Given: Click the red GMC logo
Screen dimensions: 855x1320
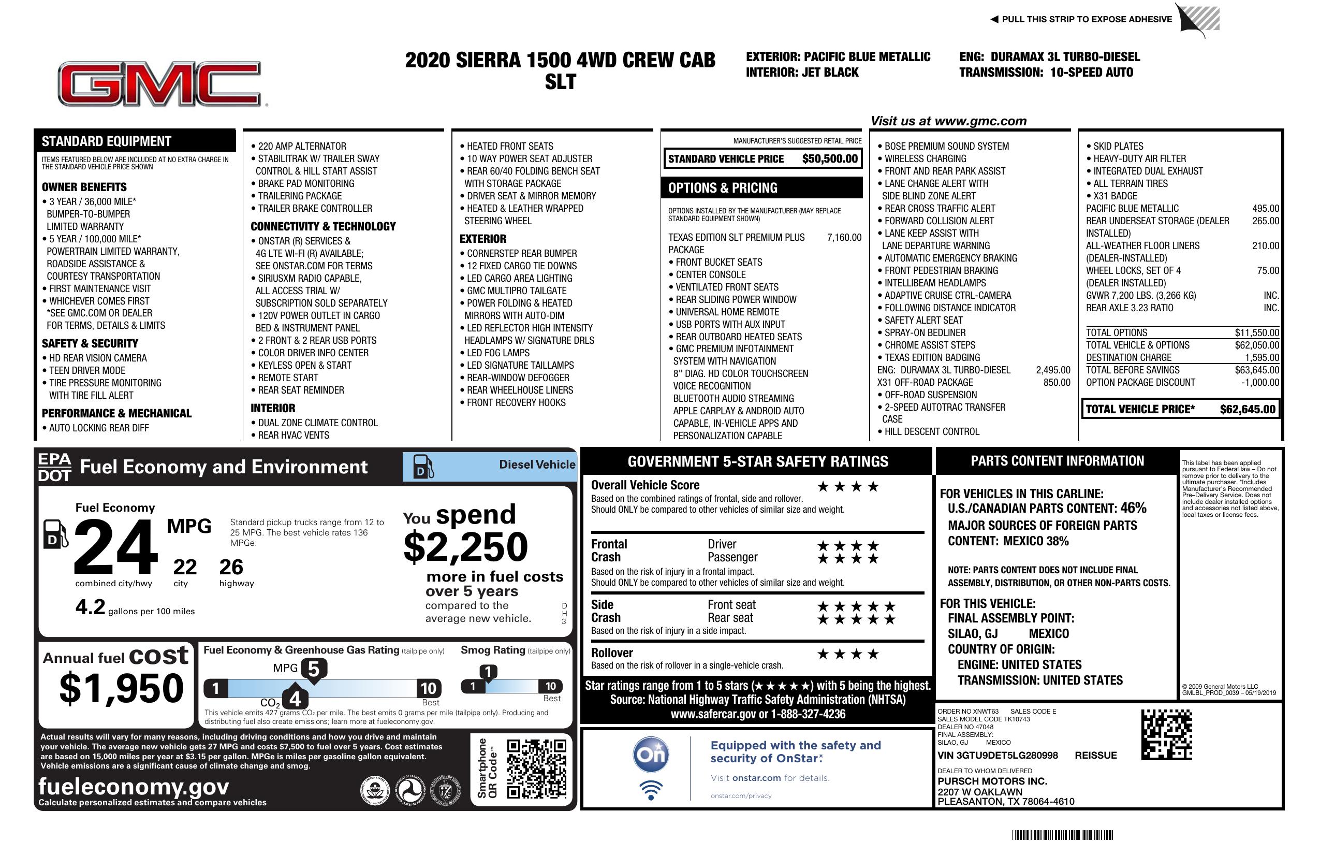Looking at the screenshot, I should [x=159, y=84].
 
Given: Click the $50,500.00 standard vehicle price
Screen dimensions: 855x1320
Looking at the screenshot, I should [x=830, y=159].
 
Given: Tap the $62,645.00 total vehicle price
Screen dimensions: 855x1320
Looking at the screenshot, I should [x=1248, y=410].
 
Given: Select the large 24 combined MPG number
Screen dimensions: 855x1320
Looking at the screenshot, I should [x=116, y=546].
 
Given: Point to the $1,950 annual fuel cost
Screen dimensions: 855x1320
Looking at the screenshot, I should [x=122, y=688].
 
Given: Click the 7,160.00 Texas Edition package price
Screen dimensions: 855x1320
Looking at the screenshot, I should [x=844, y=238].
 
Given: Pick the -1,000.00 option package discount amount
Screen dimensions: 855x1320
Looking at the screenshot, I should [x=1260, y=382].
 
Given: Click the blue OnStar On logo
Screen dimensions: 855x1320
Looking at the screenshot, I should [x=651, y=754].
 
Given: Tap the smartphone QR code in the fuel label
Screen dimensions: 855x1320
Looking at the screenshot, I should [x=536, y=768].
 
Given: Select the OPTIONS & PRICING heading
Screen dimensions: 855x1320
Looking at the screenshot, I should [x=723, y=188].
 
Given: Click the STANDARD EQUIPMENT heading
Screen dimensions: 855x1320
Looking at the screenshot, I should [x=107, y=141].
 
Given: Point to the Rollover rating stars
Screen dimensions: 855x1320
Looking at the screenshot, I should [x=848, y=654].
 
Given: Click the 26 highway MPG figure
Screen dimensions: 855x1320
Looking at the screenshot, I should [x=231, y=567].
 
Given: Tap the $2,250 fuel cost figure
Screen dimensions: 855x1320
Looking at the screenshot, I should [x=466, y=547].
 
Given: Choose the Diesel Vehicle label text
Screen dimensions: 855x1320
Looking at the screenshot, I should [x=537, y=465].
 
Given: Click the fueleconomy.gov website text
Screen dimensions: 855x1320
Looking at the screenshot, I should [x=134, y=786].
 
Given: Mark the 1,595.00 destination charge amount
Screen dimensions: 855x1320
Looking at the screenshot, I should [x=1262, y=358].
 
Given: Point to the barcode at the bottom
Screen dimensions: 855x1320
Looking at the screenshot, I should [x=1062, y=835].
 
